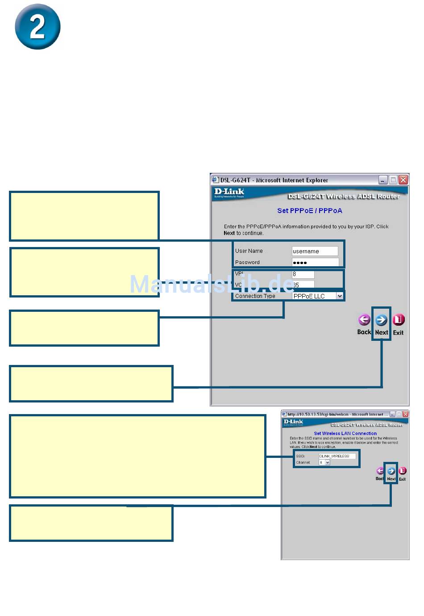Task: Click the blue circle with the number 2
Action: coord(37,27)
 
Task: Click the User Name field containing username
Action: coord(315,251)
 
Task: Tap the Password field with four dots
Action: coord(315,262)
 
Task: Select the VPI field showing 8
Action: coord(303,274)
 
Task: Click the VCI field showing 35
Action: coord(303,285)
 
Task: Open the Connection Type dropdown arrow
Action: coord(340,296)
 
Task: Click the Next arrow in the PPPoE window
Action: coord(381,320)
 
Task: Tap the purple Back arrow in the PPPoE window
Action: coord(364,320)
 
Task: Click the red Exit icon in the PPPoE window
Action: coord(398,320)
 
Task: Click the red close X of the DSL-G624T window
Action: coord(403,180)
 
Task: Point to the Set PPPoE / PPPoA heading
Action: coord(310,210)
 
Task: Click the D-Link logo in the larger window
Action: coord(229,193)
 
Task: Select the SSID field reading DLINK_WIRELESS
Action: coord(337,456)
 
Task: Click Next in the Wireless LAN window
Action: coord(391,471)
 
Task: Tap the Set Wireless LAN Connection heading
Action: coord(345,433)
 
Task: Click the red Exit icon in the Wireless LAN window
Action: coord(402,471)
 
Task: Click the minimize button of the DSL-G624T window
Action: coord(383,180)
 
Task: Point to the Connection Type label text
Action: coord(255,296)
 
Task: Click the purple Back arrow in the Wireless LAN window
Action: coord(380,471)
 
